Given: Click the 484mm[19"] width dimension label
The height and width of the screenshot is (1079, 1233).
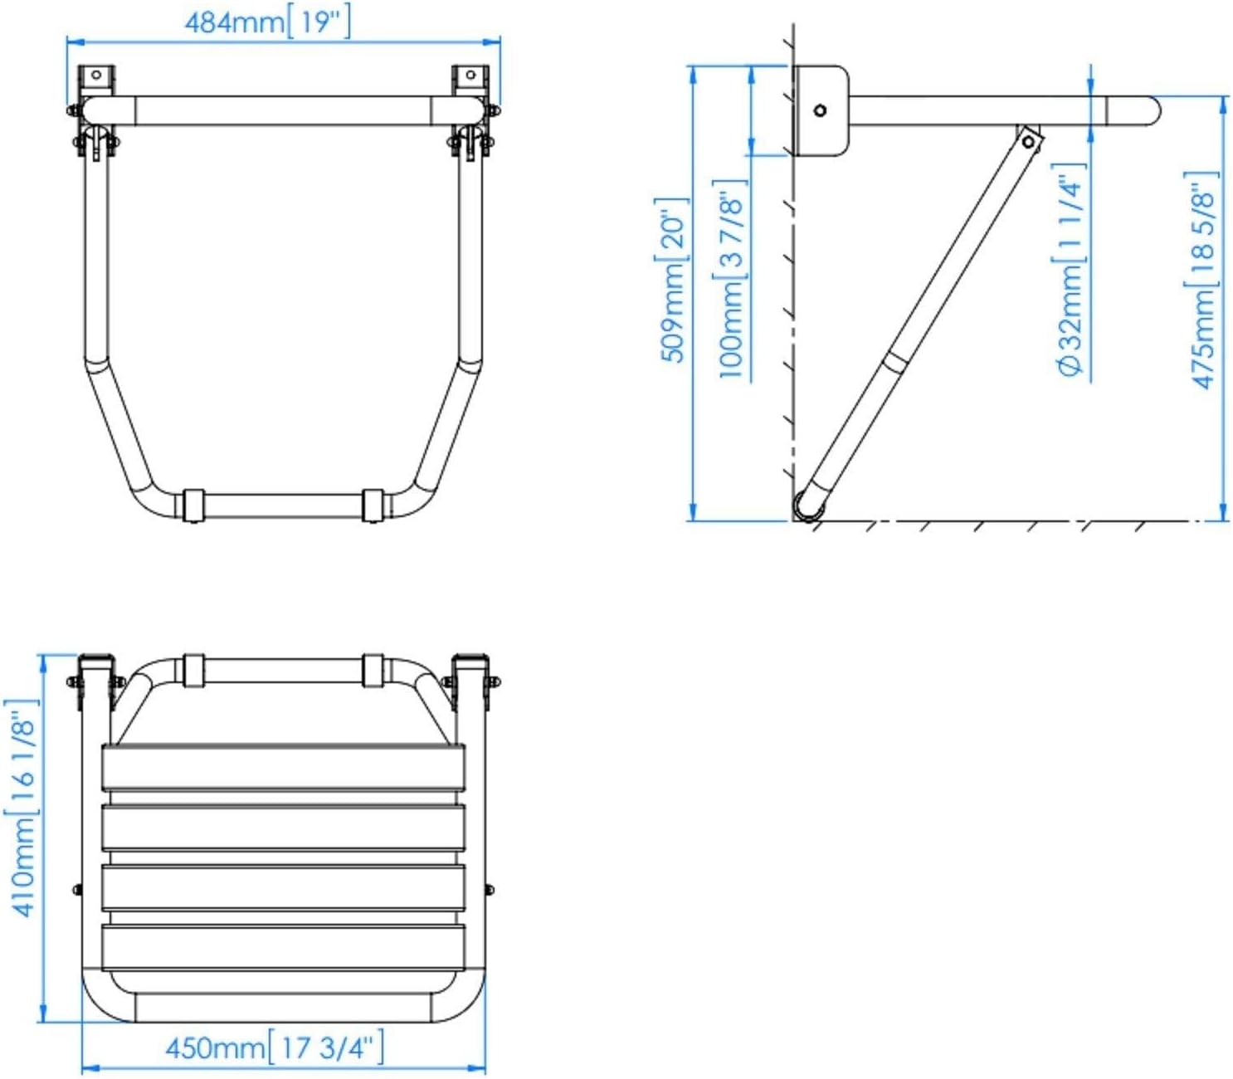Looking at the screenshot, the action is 267,23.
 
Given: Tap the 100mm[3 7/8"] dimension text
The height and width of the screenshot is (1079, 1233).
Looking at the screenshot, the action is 730,280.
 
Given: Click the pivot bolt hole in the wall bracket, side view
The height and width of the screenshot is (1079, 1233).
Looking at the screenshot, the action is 820,110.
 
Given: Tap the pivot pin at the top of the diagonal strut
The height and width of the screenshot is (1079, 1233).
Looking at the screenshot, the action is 1028,142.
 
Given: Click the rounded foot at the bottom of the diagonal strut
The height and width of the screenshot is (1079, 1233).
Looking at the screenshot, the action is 809,505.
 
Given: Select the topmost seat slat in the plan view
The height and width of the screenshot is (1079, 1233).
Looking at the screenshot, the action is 283,768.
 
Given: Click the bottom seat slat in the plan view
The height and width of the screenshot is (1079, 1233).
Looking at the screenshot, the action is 283,947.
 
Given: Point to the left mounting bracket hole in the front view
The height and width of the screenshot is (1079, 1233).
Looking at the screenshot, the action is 96,76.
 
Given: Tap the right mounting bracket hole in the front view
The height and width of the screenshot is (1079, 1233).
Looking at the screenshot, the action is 470,75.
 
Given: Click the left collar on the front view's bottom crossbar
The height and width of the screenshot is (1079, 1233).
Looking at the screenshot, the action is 193,505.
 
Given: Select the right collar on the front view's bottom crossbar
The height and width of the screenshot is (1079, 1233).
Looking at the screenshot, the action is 373,505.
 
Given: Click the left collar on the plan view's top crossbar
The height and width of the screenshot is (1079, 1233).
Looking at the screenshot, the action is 193,670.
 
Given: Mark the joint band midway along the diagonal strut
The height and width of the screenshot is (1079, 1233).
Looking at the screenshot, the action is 895,363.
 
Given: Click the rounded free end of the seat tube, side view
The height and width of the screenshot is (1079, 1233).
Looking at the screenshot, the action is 1150,111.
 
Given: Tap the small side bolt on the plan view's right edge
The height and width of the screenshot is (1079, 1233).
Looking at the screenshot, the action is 489,889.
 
